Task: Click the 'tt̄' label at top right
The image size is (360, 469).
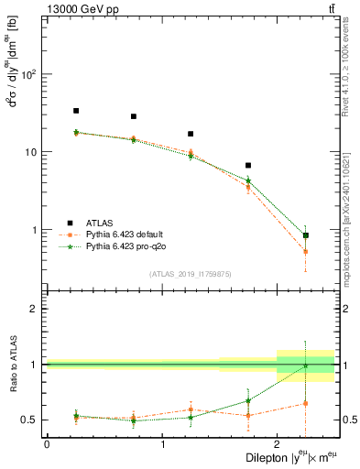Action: point(330,8)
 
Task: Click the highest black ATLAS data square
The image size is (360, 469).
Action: point(76,111)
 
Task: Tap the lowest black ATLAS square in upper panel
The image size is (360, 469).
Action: point(306,235)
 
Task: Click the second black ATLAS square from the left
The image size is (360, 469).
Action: point(134,116)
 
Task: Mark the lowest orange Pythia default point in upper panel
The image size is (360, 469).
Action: point(306,251)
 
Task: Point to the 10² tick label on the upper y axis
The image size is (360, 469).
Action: point(29,73)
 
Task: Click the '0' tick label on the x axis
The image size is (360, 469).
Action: point(47,444)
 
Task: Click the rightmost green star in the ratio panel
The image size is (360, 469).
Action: point(306,365)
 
